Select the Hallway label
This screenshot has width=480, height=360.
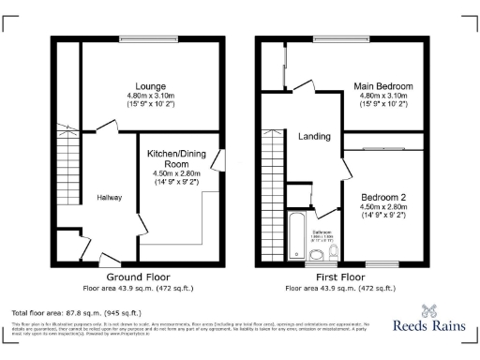point(109,198)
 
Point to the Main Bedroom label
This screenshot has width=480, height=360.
point(382,86)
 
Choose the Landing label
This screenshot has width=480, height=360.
point(314,137)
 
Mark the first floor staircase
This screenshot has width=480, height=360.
point(274,178)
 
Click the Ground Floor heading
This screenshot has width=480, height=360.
point(137,277)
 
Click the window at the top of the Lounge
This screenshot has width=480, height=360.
point(146,39)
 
